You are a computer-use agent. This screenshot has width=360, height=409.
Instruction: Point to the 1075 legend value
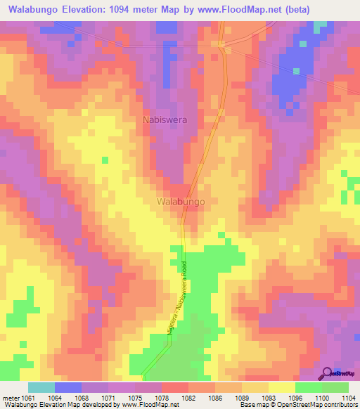pos(119,397)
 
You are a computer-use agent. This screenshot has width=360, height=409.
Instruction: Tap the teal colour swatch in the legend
pos(41,387)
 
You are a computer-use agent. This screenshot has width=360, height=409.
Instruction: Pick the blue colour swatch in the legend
pos(67,387)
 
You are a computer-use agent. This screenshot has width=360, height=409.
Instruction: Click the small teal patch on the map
pos(321,26)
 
